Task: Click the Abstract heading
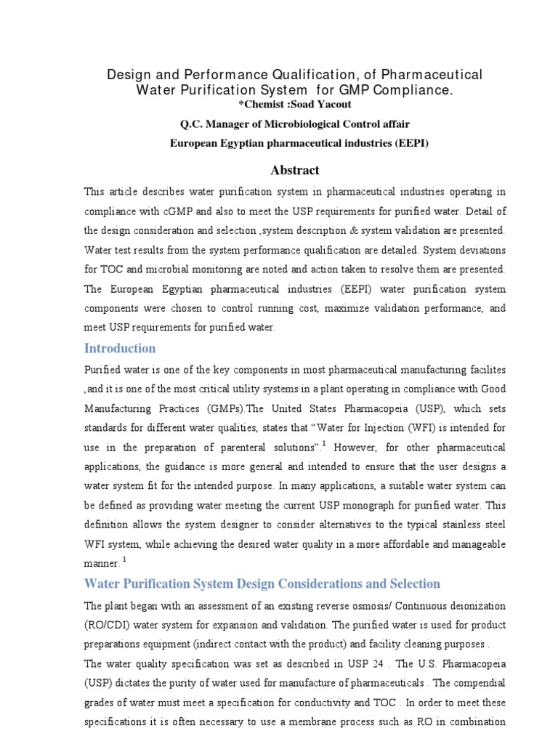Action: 294,170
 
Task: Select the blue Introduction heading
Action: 120,348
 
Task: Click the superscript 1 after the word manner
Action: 124,560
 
